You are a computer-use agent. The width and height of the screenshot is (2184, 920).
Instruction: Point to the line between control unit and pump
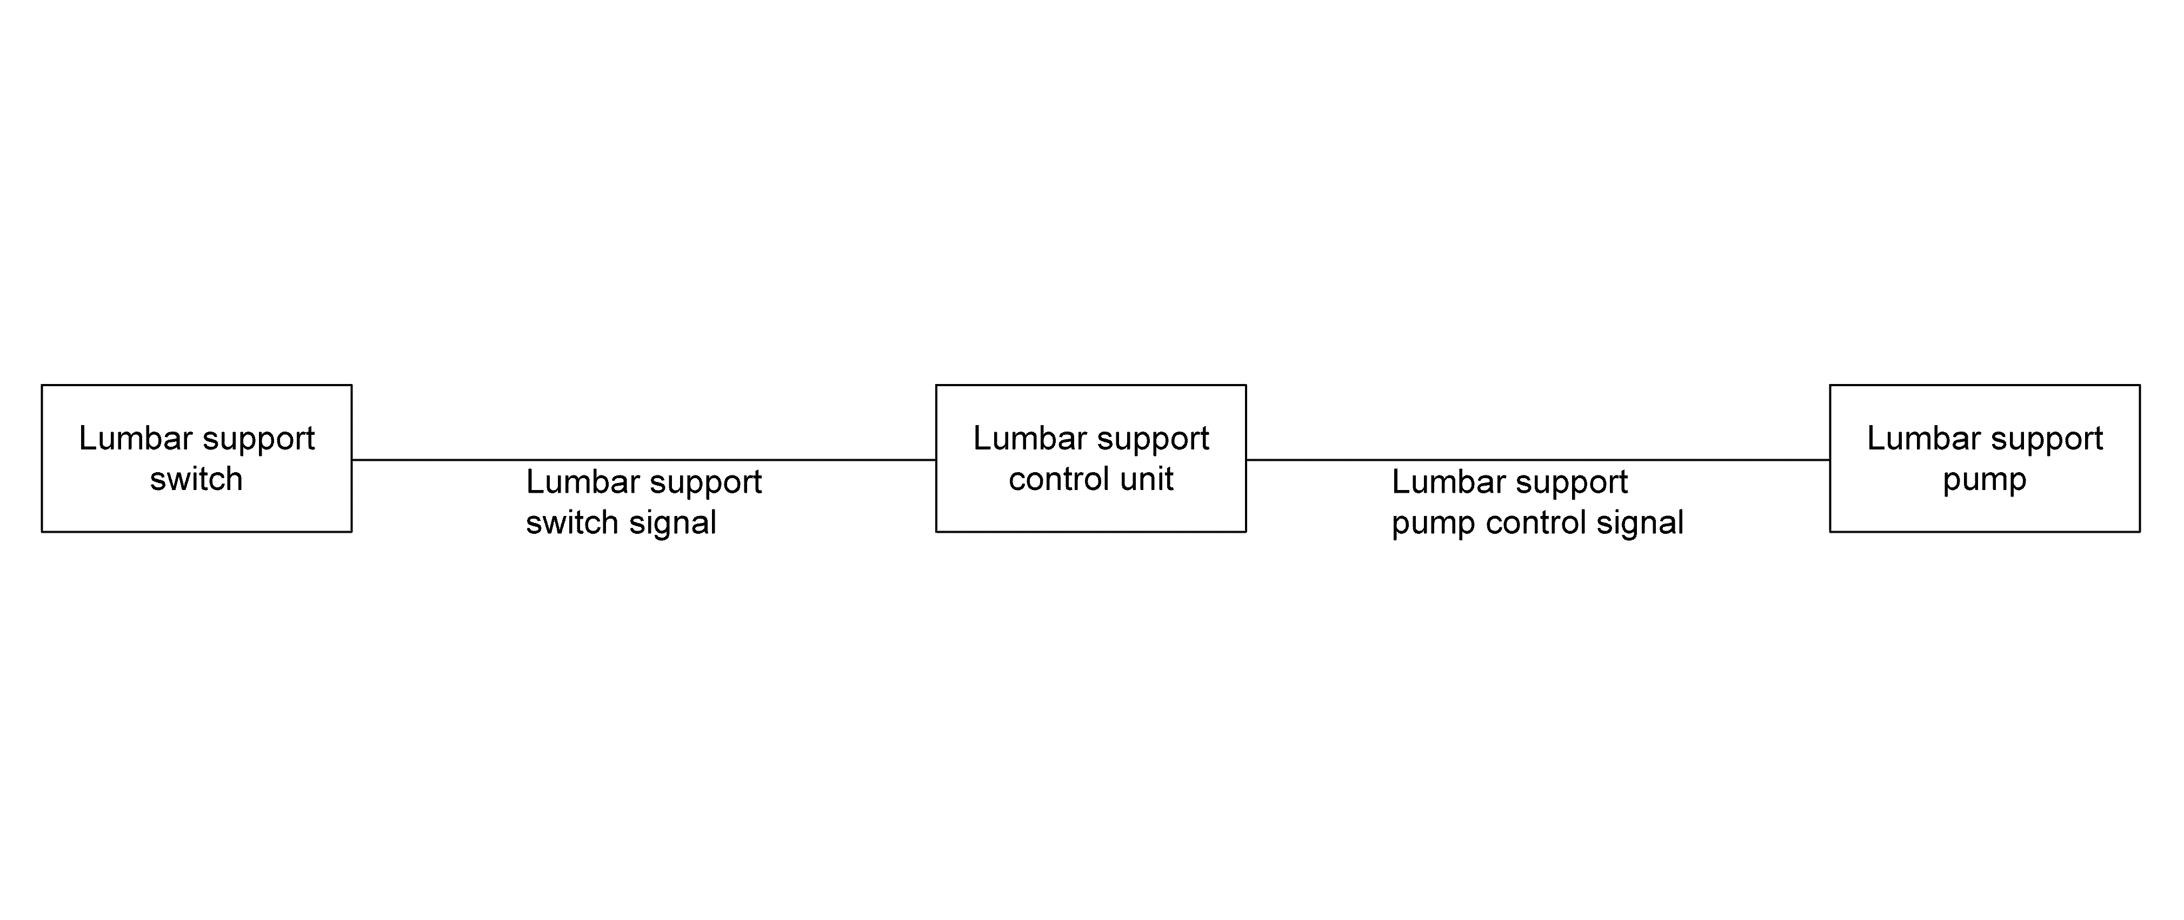(1538, 460)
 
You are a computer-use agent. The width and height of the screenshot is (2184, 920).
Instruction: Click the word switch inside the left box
(197, 479)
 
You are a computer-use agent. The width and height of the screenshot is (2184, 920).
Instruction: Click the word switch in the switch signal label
(572, 522)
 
